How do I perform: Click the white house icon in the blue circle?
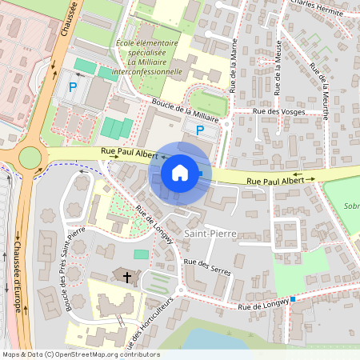click(179, 172)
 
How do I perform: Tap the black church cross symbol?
click(126, 276)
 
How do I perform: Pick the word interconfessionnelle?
click(148, 70)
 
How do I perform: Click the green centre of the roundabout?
click(30, 157)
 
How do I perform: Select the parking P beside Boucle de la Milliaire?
click(200, 130)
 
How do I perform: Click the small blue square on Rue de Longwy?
click(293, 299)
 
